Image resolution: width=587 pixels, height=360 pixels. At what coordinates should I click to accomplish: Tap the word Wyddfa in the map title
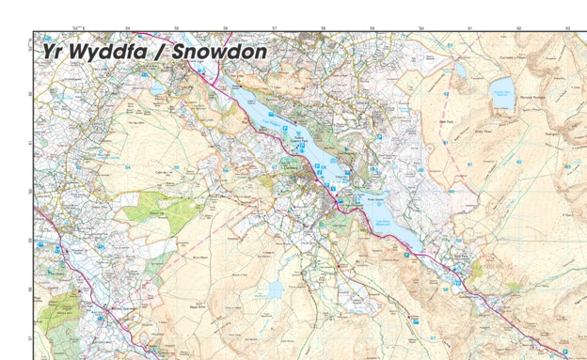112,53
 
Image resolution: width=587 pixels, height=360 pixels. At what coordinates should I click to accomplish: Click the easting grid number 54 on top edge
128,29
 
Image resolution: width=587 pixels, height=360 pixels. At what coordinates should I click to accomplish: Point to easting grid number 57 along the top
274,29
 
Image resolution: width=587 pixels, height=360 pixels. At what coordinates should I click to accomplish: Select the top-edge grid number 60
420,29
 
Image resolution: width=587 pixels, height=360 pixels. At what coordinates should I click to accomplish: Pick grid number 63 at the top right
567,29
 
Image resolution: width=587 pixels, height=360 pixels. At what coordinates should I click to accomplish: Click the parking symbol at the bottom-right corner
565,352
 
